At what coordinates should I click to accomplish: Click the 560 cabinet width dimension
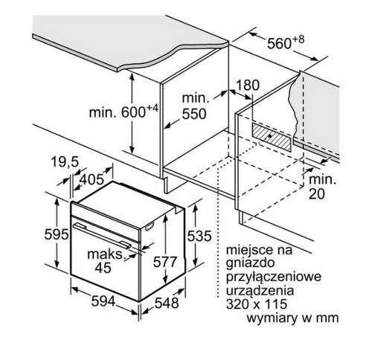click(285, 42)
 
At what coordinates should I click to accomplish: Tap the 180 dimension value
click(247, 85)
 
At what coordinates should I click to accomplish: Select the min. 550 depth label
click(195, 106)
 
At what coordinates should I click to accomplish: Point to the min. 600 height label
click(124, 112)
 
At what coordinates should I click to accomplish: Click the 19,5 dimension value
click(65, 162)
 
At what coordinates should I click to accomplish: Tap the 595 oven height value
click(56, 234)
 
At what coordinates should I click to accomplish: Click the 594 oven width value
click(103, 302)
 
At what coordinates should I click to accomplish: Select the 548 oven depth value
click(167, 303)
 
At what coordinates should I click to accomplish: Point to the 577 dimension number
click(165, 262)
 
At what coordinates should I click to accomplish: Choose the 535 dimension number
click(199, 236)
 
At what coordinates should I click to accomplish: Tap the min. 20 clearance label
click(322, 187)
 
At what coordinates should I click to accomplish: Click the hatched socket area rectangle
click(272, 137)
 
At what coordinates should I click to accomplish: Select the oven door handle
click(102, 235)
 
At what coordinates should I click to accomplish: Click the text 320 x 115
click(257, 304)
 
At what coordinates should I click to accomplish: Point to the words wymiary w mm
click(292, 318)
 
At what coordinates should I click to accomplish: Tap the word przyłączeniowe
click(274, 277)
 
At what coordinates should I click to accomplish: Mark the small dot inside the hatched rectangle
click(270, 136)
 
